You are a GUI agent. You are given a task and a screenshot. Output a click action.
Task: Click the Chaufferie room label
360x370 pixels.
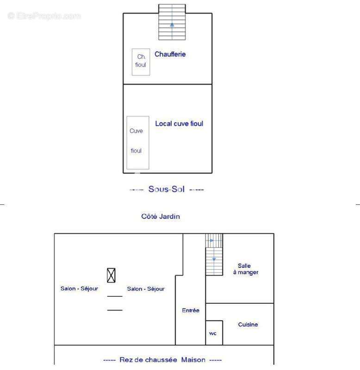[170, 54]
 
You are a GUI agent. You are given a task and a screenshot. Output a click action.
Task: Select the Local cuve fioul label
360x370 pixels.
[179, 123]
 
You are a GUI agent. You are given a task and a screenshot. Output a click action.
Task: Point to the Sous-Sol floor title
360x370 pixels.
[167, 189]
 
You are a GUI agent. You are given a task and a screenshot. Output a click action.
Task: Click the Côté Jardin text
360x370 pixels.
[161, 216]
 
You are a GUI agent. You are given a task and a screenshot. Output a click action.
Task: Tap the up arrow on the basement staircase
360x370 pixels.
[172, 25]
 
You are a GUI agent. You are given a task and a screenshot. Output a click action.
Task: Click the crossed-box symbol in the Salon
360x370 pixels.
[111, 275]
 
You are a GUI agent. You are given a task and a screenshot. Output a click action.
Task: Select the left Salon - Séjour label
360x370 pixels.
[79, 289]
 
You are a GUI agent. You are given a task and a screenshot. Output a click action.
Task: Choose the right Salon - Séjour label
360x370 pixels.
[146, 289]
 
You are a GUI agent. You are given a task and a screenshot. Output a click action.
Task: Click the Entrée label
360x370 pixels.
[191, 310]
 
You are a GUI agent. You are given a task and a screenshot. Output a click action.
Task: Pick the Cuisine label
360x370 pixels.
[248, 325]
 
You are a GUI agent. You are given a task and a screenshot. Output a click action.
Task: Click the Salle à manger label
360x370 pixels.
[246, 269]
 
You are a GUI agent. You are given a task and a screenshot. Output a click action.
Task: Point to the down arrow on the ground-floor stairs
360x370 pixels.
[214, 259]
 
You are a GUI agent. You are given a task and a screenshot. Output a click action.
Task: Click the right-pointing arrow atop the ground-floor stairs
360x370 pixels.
[212, 240]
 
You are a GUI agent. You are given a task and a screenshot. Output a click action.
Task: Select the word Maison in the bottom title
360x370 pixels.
[193, 360]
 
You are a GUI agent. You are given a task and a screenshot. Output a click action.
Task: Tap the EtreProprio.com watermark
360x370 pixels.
[44, 16]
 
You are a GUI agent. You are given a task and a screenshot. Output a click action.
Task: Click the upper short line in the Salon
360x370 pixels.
[115, 296]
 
